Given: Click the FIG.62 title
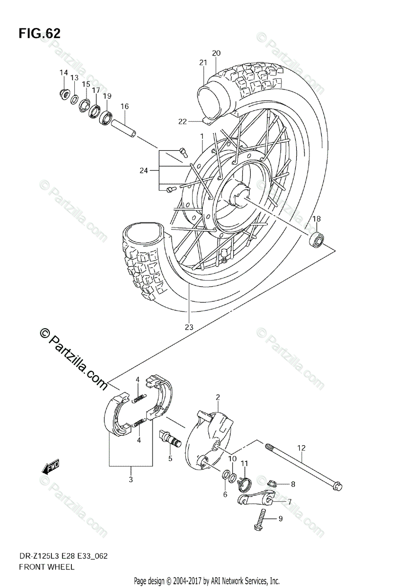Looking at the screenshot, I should (x=40, y=33).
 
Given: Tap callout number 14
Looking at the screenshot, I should (x=64, y=73).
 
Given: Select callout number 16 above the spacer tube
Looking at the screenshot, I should (x=124, y=106).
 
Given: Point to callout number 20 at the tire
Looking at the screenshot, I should (x=217, y=53).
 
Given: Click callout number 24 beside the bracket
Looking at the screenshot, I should (x=143, y=170).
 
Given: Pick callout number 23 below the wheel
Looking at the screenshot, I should (x=189, y=327).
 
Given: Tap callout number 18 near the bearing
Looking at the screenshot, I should (x=317, y=219).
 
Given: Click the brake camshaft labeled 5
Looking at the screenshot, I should (x=170, y=436).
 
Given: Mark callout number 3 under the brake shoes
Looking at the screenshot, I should (x=131, y=480).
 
